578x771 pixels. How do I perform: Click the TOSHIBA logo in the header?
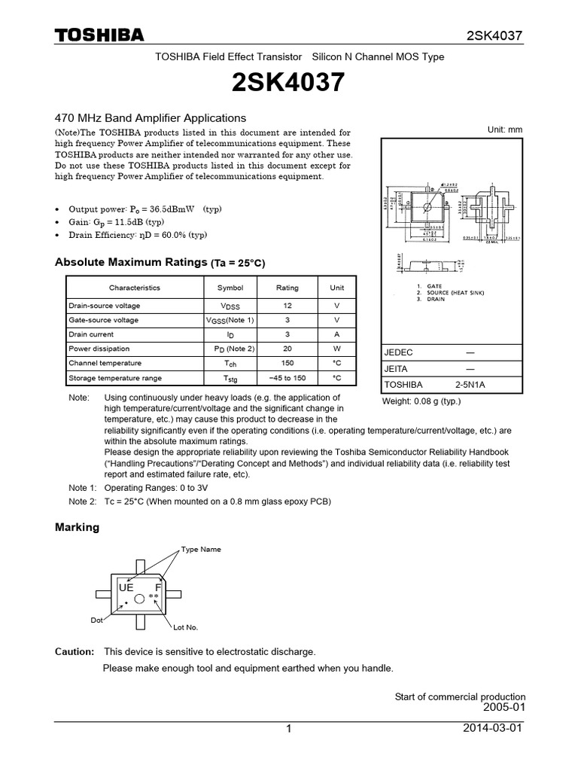coord(99,35)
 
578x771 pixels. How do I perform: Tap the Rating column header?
coord(287,288)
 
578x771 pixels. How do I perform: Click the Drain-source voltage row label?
coord(104,306)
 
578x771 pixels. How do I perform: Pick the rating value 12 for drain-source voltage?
coord(287,306)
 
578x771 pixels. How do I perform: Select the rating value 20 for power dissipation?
coord(287,349)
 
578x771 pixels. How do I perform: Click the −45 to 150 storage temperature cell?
coord(287,378)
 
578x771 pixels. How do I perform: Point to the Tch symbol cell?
coord(230,364)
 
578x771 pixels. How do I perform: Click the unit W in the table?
coord(337,349)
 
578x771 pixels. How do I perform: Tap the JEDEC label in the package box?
coord(399,352)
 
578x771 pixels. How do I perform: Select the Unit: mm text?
coord(505,130)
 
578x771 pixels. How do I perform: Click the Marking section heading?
coord(78,527)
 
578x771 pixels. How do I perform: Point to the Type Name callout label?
coord(201,550)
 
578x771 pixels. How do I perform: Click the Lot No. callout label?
coord(185,627)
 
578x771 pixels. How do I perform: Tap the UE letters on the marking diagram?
coord(126,586)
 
